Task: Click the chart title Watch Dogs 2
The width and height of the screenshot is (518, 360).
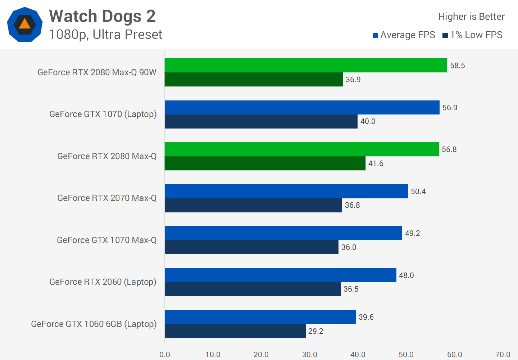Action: [102, 16]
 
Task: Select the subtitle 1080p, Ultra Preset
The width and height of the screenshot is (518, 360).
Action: [105, 35]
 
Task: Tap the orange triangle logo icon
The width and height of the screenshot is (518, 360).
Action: [24, 24]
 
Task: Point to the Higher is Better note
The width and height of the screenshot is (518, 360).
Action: [471, 17]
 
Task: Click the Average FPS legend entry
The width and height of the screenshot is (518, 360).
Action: [404, 35]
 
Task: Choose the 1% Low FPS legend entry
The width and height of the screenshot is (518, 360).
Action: [473, 35]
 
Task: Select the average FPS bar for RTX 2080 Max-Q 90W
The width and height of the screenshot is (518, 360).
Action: [306, 65]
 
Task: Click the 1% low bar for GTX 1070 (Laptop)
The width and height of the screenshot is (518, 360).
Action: [261, 121]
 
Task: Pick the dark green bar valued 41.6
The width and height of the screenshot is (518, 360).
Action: [265, 163]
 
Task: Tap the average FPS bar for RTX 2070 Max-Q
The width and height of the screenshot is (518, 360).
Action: [286, 191]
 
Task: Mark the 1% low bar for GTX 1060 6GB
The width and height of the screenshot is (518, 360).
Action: [235, 331]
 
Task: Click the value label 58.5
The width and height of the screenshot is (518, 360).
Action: [458, 66]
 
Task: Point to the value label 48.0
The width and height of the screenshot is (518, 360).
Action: [406, 275]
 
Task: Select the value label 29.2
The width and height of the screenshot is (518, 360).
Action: [316, 331]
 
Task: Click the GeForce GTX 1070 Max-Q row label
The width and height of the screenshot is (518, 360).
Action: [107, 240]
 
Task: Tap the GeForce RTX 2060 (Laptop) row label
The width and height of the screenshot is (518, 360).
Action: [103, 282]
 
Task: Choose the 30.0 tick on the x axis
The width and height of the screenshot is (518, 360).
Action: [309, 355]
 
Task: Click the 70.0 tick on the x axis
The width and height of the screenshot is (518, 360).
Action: [503, 355]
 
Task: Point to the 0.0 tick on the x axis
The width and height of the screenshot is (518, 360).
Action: [165, 355]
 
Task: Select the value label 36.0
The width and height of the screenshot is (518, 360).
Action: [349, 247]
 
